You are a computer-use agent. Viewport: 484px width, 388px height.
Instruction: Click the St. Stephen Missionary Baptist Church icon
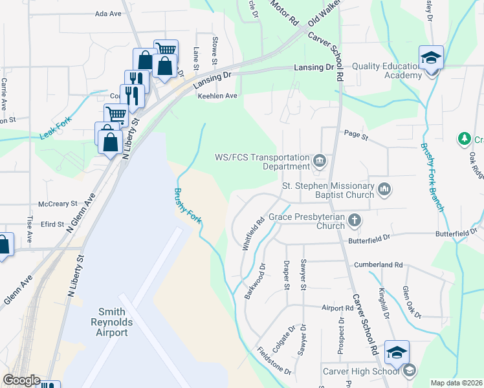tap(385, 189)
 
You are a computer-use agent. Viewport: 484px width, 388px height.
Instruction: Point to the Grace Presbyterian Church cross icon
tap(354, 221)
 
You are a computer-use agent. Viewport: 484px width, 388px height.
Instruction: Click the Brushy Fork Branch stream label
tap(432, 177)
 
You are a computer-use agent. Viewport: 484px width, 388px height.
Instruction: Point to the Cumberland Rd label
tap(379, 265)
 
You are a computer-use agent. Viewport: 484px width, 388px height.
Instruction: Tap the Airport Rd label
tap(338, 308)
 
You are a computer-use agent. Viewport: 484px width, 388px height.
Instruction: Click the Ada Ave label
tap(108, 13)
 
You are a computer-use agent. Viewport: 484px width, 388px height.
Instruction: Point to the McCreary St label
tap(58, 203)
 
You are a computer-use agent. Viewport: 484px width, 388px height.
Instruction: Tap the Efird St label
tap(52, 224)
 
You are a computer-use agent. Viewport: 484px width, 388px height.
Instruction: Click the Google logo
tap(21, 380)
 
